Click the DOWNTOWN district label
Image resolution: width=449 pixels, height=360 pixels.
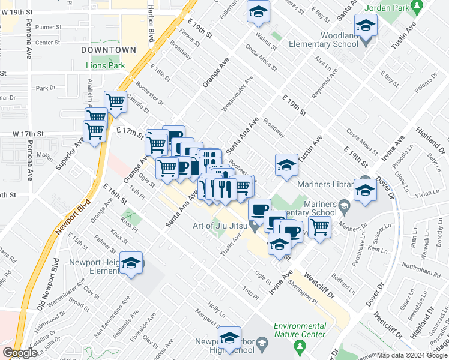(x=109, y=49)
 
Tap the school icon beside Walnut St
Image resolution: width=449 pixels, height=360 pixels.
(x=258, y=12)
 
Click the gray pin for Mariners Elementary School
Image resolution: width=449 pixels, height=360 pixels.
(x=344, y=208)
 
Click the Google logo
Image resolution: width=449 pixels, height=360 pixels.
(x=19, y=352)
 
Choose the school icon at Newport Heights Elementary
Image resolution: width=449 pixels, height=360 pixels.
(x=131, y=263)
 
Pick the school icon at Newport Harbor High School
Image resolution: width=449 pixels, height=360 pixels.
(x=229, y=338)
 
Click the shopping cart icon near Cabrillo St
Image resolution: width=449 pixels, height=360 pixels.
(x=115, y=101)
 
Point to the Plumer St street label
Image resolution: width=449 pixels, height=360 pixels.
(x=48, y=27)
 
